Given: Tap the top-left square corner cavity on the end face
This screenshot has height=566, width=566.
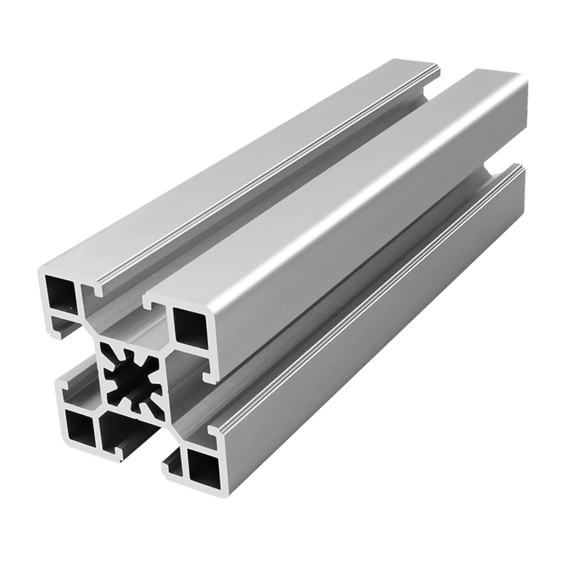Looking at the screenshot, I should coord(62,291).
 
